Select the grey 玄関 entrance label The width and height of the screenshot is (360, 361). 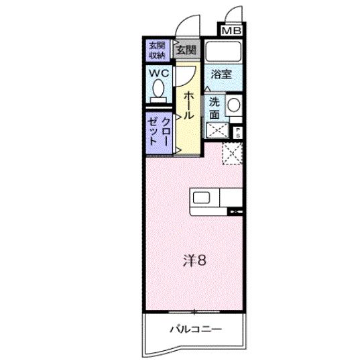186,49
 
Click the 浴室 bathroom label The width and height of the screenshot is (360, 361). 221,74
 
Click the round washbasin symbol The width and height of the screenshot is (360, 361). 235,104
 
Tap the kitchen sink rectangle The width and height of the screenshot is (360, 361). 202,197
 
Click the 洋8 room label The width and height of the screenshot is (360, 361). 195,261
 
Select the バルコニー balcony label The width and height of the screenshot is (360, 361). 194,329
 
